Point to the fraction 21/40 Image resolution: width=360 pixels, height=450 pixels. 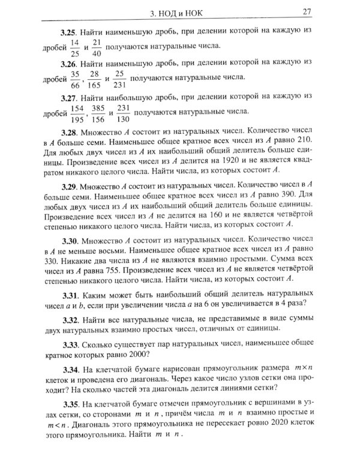[x=98, y=47]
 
